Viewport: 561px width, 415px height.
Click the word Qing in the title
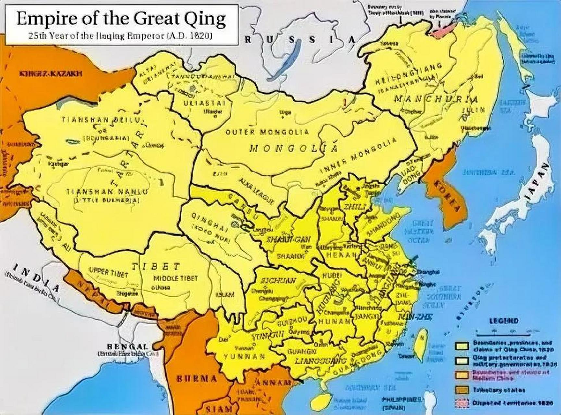(x=205, y=19)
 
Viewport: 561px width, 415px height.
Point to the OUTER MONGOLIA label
(x=267, y=132)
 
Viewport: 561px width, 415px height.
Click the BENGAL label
(x=128, y=346)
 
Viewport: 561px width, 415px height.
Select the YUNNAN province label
(x=244, y=357)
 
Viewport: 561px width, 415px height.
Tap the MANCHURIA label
(x=435, y=99)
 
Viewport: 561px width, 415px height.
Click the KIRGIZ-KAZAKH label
(x=51, y=74)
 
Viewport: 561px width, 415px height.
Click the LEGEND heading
(x=504, y=321)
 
